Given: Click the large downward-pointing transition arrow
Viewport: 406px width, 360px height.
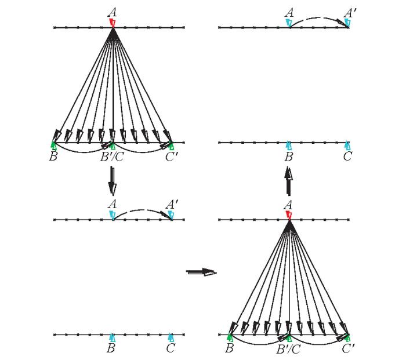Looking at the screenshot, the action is tap(112, 181).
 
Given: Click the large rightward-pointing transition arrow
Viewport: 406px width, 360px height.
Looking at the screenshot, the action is tap(201, 272).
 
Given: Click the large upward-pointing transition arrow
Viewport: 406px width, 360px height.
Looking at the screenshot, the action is tap(288, 181).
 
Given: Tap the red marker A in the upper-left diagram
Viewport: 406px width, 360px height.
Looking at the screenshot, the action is tap(113, 23).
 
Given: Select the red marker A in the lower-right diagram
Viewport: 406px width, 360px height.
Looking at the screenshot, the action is tap(289, 215).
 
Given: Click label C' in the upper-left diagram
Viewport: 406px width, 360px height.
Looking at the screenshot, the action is tap(172, 157).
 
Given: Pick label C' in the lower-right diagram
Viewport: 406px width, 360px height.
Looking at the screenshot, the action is tap(348, 348).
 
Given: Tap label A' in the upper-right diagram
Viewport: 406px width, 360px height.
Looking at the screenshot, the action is tap(349, 12).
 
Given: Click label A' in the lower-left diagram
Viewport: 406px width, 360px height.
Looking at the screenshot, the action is tap(172, 205).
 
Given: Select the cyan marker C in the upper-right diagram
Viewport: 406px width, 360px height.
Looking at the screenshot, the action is tap(347, 146).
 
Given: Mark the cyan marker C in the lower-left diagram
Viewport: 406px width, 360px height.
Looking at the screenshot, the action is tap(171, 338).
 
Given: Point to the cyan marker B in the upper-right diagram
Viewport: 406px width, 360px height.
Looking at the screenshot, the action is tap(289, 146).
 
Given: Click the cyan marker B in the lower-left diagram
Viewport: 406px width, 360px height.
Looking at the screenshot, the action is tap(112, 338).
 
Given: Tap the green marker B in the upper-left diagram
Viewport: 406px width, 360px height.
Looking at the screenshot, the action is tap(53, 146).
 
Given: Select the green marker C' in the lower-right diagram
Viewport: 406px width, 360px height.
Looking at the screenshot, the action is tap(347, 338).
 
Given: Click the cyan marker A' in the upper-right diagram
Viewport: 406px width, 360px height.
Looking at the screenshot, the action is tap(347, 23).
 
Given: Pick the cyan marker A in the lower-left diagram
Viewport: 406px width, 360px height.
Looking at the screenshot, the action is tap(113, 215).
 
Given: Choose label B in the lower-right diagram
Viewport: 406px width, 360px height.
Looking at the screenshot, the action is tap(230, 348).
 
